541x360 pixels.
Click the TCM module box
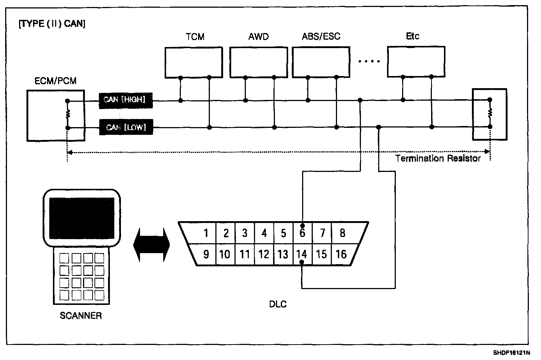tap(194, 62)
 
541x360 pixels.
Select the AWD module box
tap(258, 62)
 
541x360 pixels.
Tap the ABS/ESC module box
tap(321, 62)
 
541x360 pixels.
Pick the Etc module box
tap(416, 61)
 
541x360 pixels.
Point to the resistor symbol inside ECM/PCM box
tap(68, 114)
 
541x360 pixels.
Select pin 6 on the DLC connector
tap(302, 233)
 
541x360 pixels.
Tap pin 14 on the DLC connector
tap(302, 254)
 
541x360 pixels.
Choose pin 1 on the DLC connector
tap(206, 233)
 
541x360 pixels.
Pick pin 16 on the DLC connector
tap(341, 254)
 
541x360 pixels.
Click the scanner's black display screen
tap(82, 214)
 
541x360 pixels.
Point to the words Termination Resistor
tap(438, 159)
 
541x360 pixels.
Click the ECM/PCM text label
tap(55, 81)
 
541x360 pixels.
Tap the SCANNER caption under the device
tap(80, 316)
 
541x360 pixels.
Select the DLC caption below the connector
tap(277, 304)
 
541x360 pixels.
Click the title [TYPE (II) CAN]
tap(52, 24)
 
